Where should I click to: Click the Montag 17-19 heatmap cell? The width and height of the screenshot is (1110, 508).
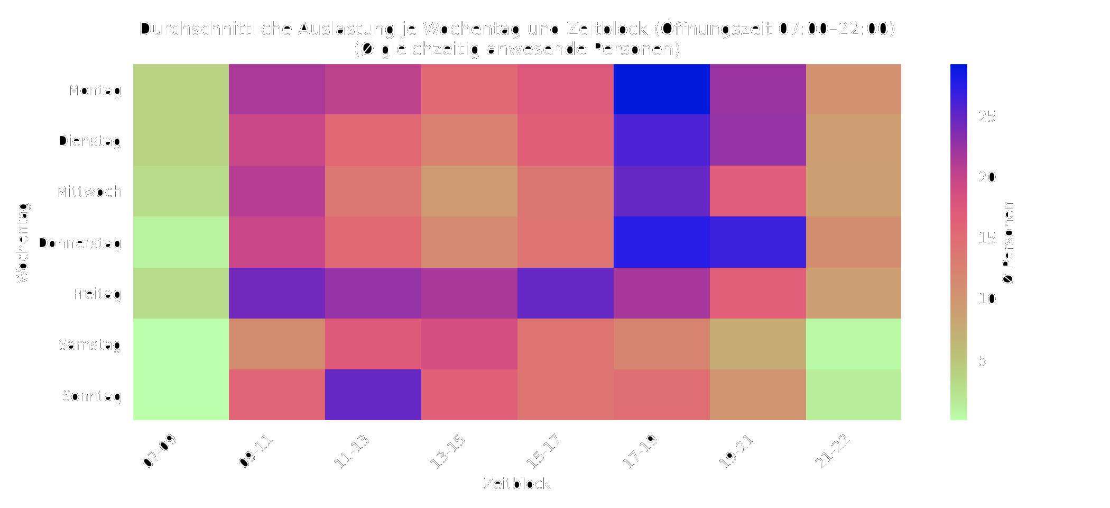tap(661, 89)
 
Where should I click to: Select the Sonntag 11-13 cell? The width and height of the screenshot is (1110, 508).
tap(373, 395)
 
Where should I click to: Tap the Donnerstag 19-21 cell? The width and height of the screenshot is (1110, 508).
tap(757, 242)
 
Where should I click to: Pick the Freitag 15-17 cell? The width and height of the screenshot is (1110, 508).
tap(565, 293)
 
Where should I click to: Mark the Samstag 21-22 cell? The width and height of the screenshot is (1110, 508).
tap(854, 344)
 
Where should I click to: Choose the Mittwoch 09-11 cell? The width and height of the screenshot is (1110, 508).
tap(277, 191)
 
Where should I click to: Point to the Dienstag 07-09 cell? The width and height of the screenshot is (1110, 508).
tap(181, 140)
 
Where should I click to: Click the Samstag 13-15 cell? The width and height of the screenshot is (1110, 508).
tap(469, 344)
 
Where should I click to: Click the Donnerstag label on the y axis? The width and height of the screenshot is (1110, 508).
tap(79, 243)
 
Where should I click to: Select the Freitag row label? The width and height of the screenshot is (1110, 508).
tap(97, 294)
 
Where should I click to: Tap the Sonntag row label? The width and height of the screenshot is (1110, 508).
tap(91, 396)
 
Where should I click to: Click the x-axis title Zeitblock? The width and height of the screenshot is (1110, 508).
tap(517, 484)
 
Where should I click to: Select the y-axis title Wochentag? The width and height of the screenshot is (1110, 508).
tap(23, 242)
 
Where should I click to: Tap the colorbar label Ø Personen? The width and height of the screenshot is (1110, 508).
tap(1009, 242)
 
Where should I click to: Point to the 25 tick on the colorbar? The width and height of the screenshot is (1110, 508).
tap(987, 116)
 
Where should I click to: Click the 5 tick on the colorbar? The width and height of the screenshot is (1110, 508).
tap(983, 360)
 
